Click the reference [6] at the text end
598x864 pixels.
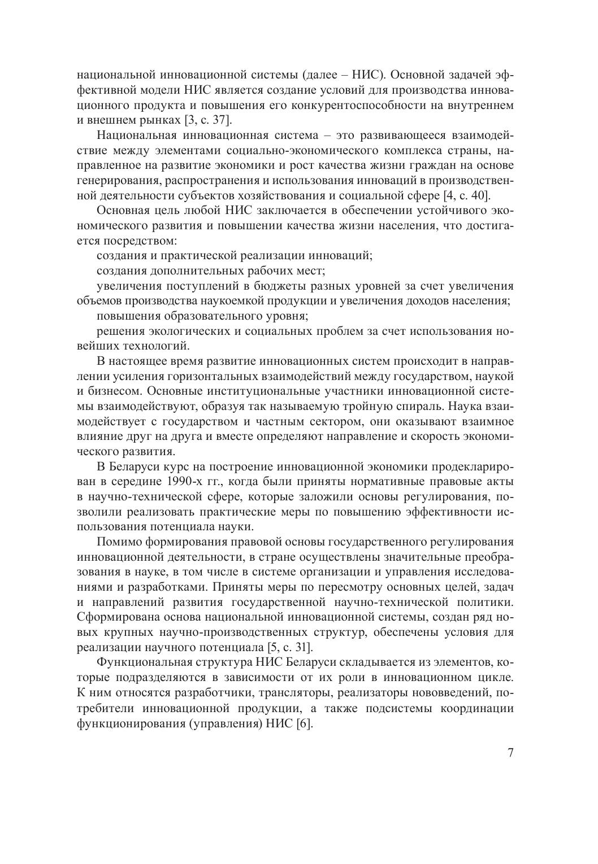tap(304, 723)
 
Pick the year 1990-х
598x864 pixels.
tap(184, 482)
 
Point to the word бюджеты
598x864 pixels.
tap(300, 285)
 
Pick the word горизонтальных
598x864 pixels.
tap(218, 376)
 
